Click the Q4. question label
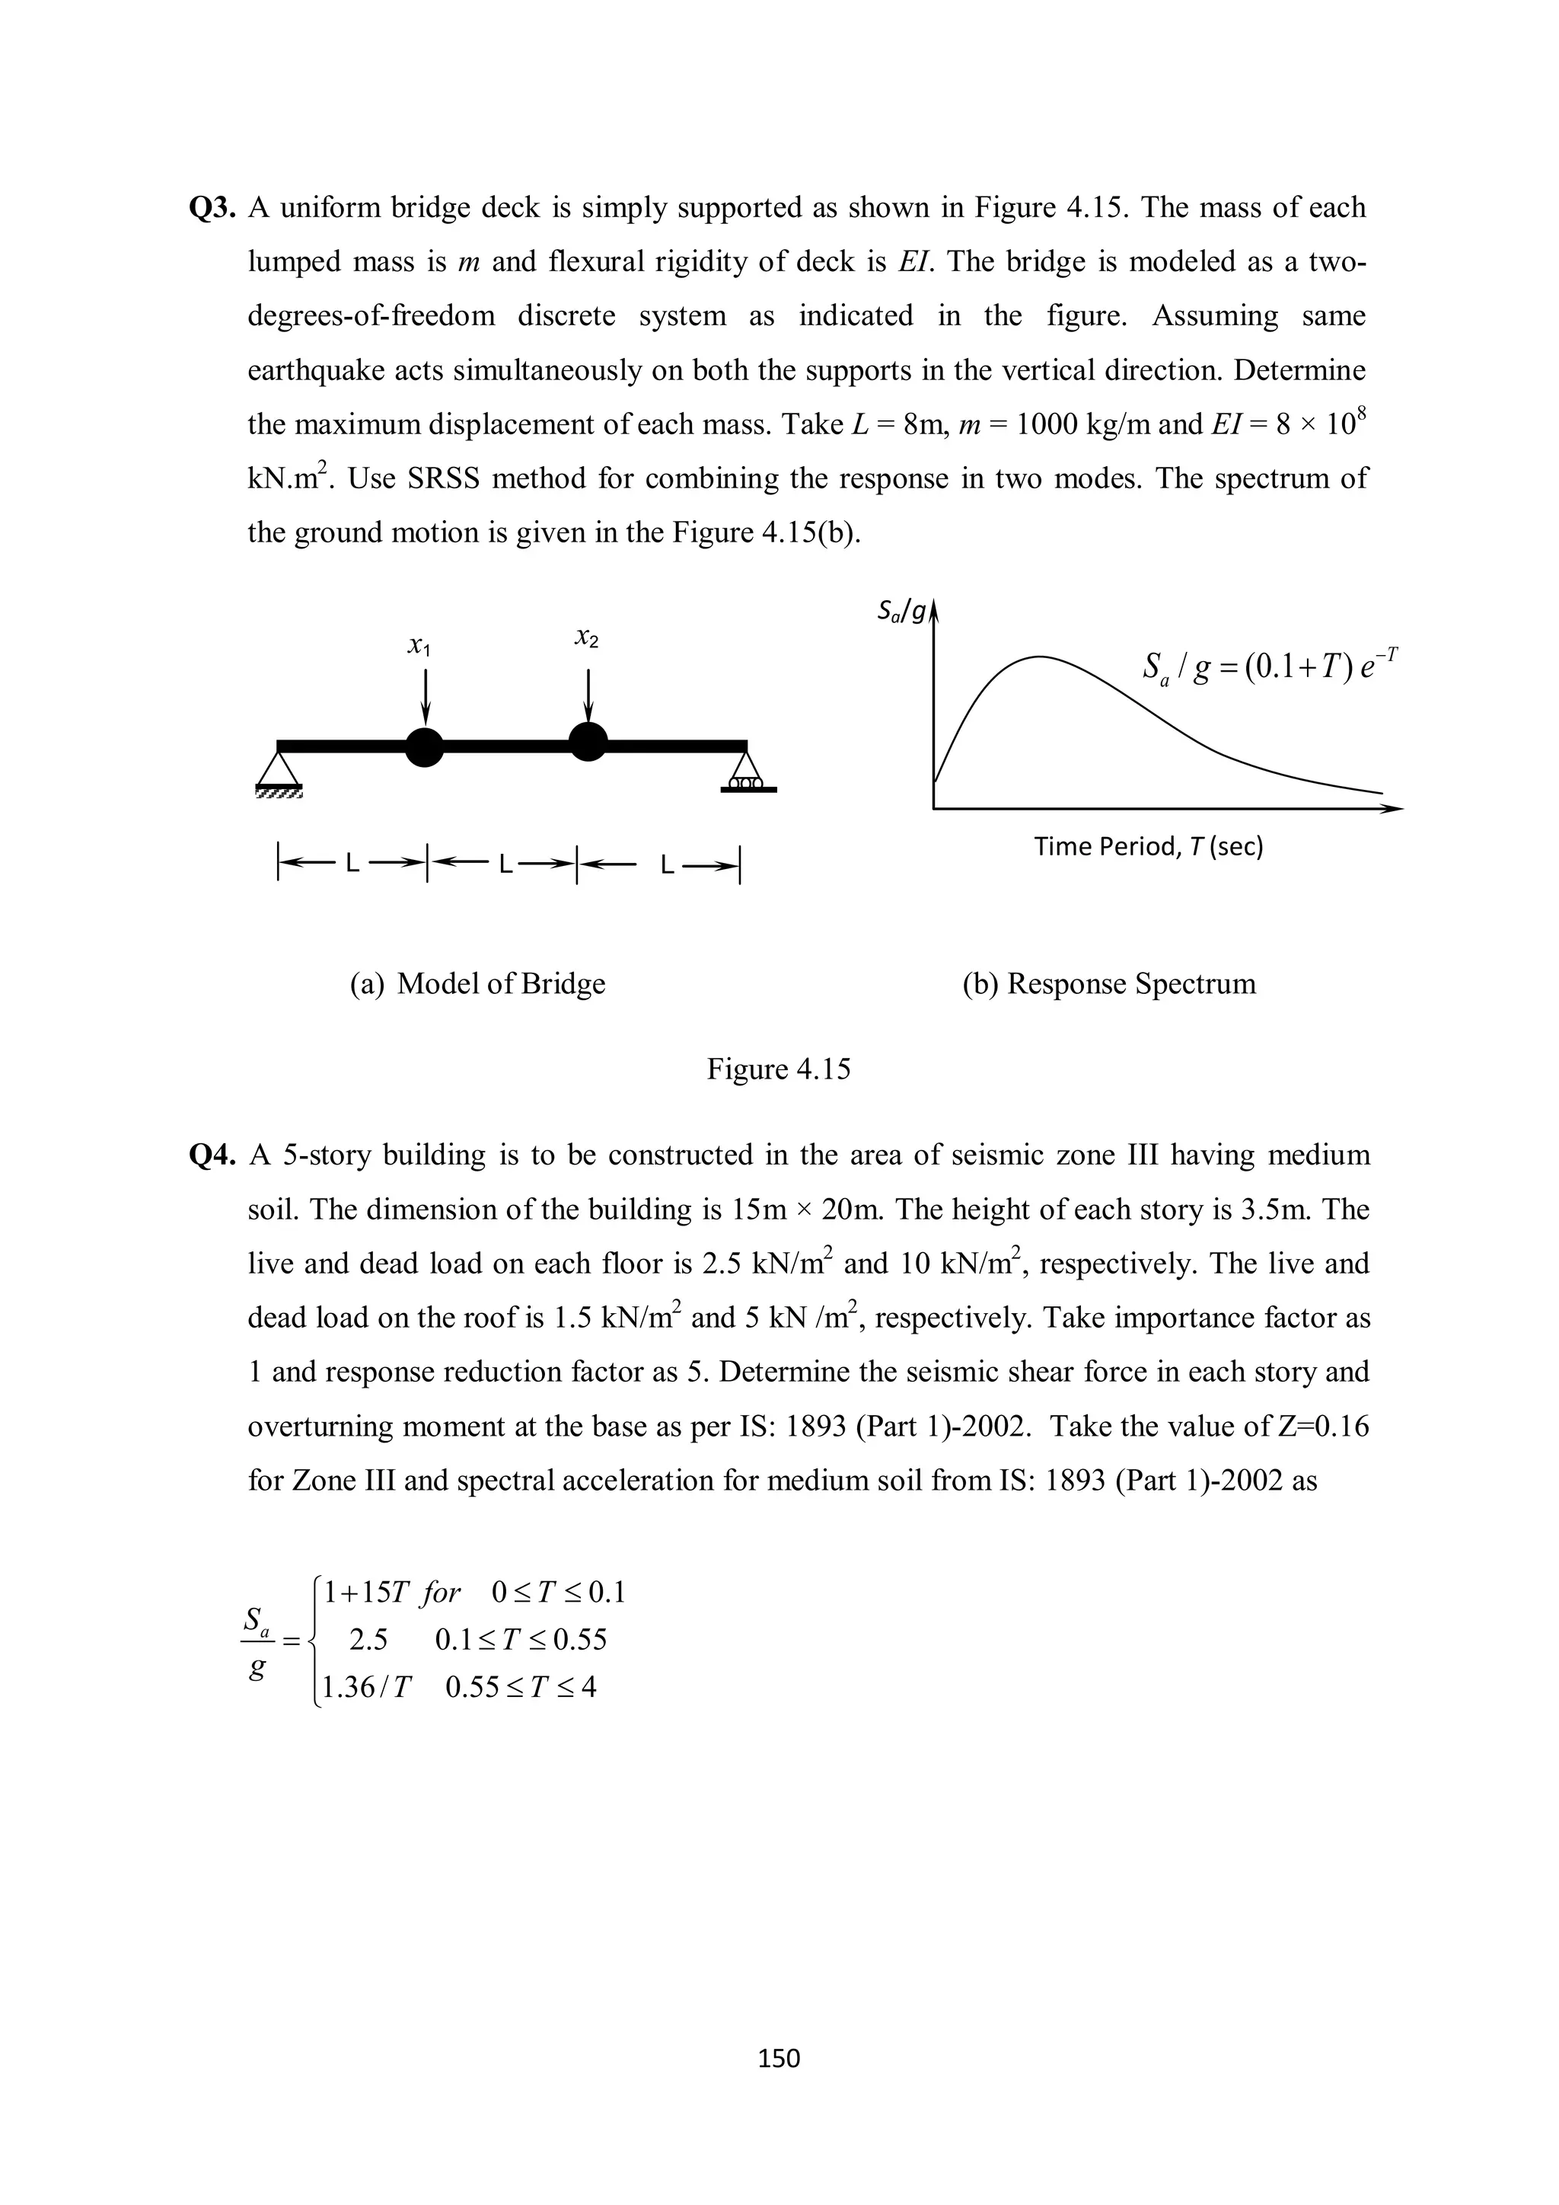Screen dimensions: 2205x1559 213,1155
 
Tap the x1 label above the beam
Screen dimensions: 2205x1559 419,648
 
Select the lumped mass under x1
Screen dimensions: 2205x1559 424,746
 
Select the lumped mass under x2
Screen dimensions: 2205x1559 588,740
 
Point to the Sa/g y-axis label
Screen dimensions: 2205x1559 901,612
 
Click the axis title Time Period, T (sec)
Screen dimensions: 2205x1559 1148,847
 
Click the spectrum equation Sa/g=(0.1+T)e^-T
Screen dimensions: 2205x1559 1270,666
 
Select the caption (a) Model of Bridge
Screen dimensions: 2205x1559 478,984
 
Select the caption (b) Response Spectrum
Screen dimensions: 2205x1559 1109,984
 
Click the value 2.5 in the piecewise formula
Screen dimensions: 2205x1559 368,1641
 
